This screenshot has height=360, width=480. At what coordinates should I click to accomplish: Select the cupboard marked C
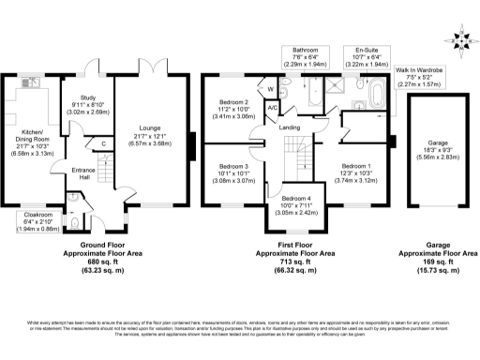(x=101, y=143)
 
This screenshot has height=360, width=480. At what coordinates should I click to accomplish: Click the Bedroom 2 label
(x=233, y=111)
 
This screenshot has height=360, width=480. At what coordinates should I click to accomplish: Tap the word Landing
(x=289, y=127)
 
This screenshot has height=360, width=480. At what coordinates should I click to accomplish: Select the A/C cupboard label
(x=272, y=108)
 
